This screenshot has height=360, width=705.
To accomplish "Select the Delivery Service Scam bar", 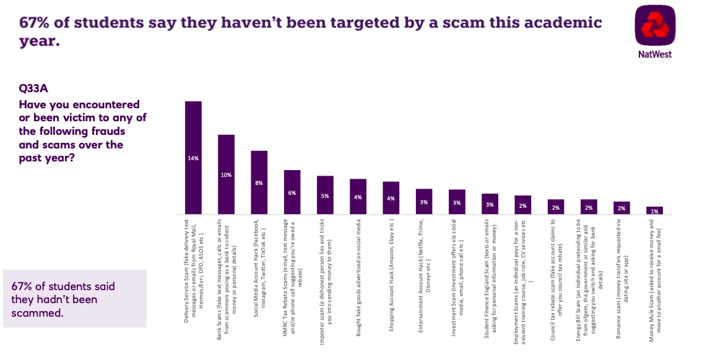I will point(194,158).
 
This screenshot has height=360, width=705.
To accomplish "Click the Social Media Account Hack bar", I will point(259,182).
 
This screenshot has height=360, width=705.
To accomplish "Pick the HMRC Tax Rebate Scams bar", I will point(292,192).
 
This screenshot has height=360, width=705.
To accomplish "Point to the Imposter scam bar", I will point(325,195).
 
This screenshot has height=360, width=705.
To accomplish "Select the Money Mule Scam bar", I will point(654,211).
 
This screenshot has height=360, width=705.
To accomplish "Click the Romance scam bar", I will point(621,208).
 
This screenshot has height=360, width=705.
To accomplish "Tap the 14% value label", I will point(194,158).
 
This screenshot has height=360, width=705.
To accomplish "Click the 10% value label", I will point(227,175).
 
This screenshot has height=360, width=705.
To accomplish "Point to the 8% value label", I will point(259,183).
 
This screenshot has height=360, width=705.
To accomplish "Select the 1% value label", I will point(654,212).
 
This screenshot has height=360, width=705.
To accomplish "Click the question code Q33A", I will point(35,88).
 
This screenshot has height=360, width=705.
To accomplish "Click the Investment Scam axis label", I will point(457,250).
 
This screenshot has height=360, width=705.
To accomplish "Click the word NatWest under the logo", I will point(655,54).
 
